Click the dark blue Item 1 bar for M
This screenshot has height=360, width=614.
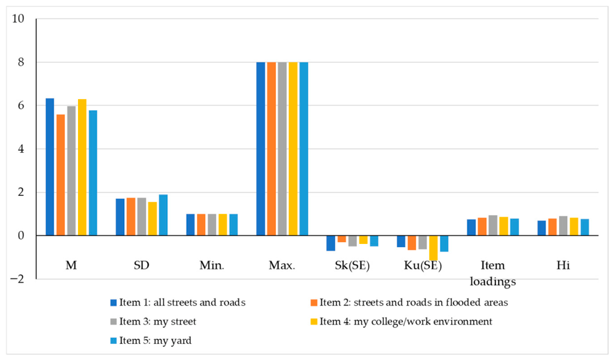[50, 167]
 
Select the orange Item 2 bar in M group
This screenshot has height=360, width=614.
[61, 175]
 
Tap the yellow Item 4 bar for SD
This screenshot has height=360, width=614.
[152, 218]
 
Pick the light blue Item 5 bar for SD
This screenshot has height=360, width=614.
[163, 215]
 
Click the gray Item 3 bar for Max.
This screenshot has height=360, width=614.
[282, 149]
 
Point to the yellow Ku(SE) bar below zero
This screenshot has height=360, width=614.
[433, 248]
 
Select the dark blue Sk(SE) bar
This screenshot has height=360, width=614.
[331, 243]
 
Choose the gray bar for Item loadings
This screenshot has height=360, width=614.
[493, 225]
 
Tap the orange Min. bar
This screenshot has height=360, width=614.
[201, 225]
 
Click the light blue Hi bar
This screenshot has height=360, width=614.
[585, 227]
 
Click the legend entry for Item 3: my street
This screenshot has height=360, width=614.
[153, 321]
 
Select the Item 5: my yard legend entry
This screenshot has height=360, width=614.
[151, 341]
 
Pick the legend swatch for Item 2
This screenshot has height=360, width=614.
[314, 303]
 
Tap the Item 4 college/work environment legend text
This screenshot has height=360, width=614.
[406, 321]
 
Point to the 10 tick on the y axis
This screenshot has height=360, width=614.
[18, 19]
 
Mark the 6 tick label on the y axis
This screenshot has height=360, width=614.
[21, 105]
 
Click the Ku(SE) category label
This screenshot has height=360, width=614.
[422, 266]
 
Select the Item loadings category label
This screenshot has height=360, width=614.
[492, 273]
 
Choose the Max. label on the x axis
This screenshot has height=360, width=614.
[282, 266]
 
